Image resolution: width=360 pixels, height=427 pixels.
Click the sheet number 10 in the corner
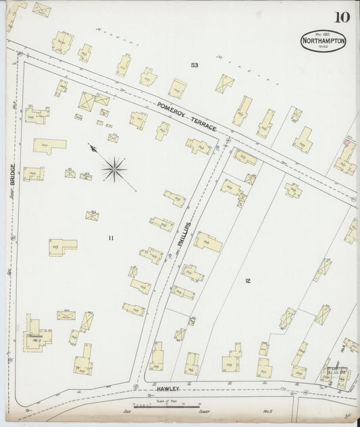(x=340, y=17)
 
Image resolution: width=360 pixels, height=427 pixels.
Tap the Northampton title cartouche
(x=324, y=41)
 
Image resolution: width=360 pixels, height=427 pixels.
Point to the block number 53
(x=195, y=66)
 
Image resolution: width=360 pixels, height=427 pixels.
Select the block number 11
(x=111, y=237)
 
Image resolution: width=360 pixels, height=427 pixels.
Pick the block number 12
(x=248, y=280)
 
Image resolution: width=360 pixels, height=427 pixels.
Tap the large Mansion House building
(x=36, y=334)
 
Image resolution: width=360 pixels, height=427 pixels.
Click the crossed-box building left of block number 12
(x=180, y=334)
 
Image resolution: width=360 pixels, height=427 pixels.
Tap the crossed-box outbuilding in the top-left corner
(x=42, y=9)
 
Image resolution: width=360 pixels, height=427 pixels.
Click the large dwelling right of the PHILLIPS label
(x=207, y=241)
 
